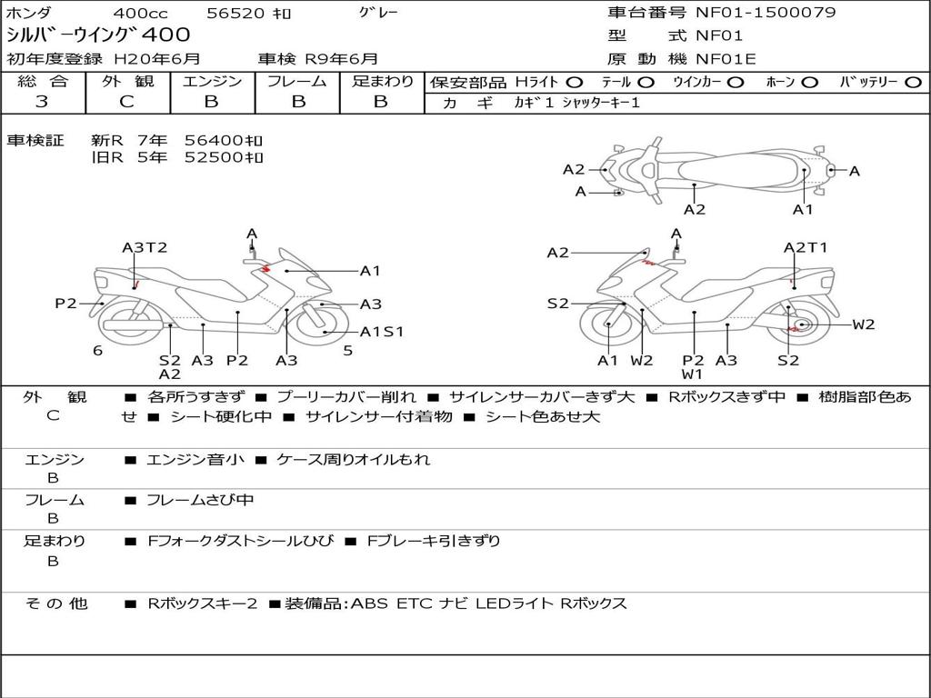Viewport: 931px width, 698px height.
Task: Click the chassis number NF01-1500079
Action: coord(766,13)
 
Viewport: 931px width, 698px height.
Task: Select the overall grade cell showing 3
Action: coord(42,102)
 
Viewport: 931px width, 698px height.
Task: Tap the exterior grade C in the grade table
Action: coord(126,102)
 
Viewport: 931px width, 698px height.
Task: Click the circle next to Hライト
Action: coord(575,82)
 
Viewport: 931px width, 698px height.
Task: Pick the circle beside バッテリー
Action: coord(912,82)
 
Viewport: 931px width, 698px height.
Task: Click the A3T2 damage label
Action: coord(145,247)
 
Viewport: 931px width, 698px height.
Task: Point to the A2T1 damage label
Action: coord(806,247)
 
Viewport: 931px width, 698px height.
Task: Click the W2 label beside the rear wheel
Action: coord(863,324)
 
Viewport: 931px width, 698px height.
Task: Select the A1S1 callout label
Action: coord(382,332)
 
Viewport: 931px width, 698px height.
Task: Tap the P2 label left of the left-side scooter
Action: coord(65,304)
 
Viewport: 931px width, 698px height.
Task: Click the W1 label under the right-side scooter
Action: coord(693,374)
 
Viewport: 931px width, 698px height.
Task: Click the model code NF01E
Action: coord(726,60)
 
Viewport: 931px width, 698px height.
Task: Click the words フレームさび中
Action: coord(201,500)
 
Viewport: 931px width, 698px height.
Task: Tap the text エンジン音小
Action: coord(195,459)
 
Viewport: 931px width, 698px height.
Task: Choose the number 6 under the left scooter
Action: coord(97,351)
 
